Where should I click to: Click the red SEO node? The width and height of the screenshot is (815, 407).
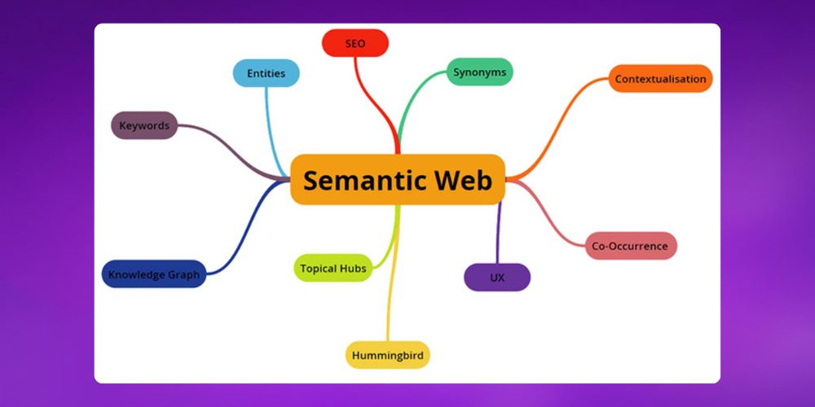click(355, 43)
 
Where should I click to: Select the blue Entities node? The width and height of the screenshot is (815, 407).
click(266, 73)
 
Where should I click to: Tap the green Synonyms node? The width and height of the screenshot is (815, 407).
click(479, 72)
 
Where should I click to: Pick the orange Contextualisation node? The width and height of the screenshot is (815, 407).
click(661, 79)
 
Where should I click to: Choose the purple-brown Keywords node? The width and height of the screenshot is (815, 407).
click(144, 125)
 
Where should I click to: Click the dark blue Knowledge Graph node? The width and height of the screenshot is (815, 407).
click(154, 274)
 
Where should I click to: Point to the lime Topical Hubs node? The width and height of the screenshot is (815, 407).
click(333, 268)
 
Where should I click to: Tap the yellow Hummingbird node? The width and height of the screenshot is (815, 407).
click(387, 355)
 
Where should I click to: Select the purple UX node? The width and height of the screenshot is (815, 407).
click(497, 278)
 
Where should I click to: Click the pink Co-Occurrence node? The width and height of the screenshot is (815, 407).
click(631, 246)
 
